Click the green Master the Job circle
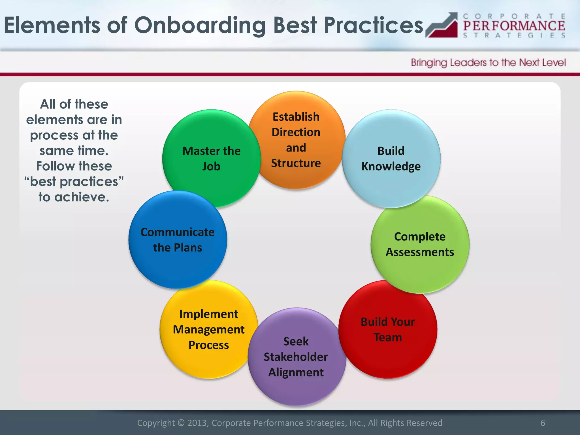(x=211, y=159)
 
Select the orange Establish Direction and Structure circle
(x=296, y=140)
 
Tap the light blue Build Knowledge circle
(x=391, y=159)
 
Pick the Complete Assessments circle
(x=420, y=244)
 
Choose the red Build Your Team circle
(x=388, y=329)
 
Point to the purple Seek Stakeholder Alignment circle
(x=296, y=357)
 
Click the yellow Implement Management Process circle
(x=209, y=329)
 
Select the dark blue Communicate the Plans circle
(x=178, y=240)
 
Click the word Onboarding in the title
(x=200, y=25)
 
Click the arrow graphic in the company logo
(x=442, y=25)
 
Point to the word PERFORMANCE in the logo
(x=514, y=26)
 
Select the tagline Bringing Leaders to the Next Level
(x=488, y=63)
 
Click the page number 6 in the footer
(x=543, y=423)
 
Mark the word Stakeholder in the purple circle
(x=296, y=357)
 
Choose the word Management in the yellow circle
(x=209, y=329)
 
